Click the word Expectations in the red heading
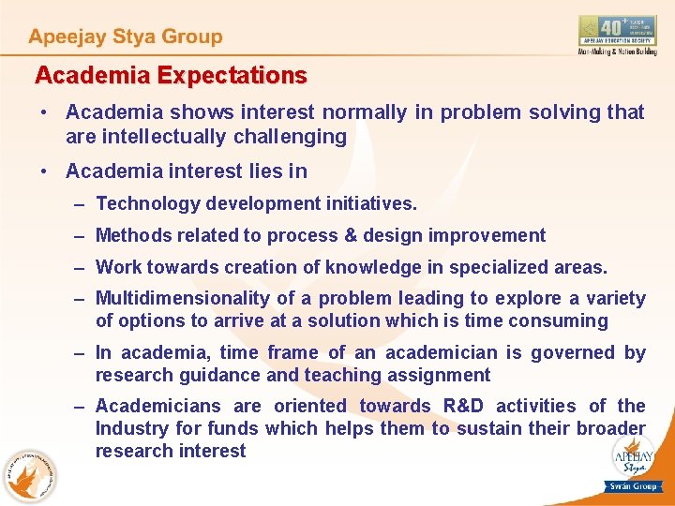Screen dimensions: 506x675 tap(232, 75)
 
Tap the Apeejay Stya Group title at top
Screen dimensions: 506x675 tap(126, 37)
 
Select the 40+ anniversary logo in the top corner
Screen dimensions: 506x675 tap(617, 35)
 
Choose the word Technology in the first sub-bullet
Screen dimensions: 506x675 tap(147, 203)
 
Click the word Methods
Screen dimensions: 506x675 tap(132, 235)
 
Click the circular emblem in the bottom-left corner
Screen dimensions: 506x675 tap(28, 476)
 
